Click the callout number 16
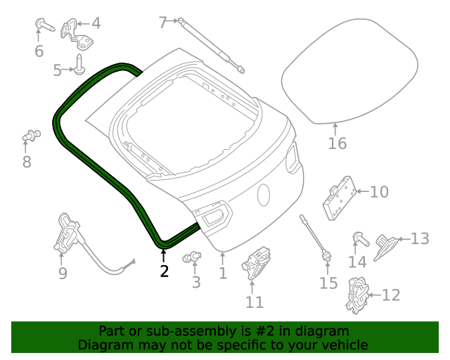click(337, 143)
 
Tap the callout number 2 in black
click(164, 270)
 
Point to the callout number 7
click(162, 22)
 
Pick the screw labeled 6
click(43, 27)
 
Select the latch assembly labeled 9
click(68, 233)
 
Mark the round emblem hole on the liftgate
click(264, 195)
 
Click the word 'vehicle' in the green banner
click(344, 345)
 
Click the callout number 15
click(328, 283)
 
